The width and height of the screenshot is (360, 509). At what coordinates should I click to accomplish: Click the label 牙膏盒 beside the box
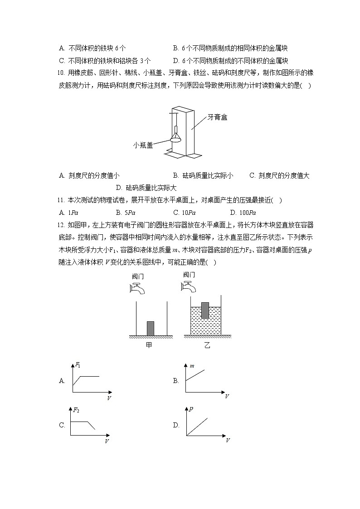218,117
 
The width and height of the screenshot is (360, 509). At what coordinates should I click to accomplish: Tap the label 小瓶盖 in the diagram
143,145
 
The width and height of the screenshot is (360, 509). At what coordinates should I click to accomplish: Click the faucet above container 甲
137,288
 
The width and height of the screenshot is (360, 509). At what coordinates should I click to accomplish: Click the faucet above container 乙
189,286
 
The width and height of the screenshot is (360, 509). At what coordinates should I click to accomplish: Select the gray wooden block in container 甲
151,328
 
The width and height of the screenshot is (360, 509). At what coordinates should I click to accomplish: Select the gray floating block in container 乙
205,310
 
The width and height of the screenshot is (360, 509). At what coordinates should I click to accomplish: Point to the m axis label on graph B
192,364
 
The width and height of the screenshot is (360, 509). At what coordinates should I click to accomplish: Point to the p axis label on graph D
192,409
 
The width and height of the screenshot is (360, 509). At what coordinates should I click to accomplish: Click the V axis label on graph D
228,440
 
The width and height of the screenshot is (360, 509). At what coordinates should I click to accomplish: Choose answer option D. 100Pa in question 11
243,213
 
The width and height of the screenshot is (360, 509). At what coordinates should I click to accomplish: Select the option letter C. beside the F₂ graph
62,425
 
